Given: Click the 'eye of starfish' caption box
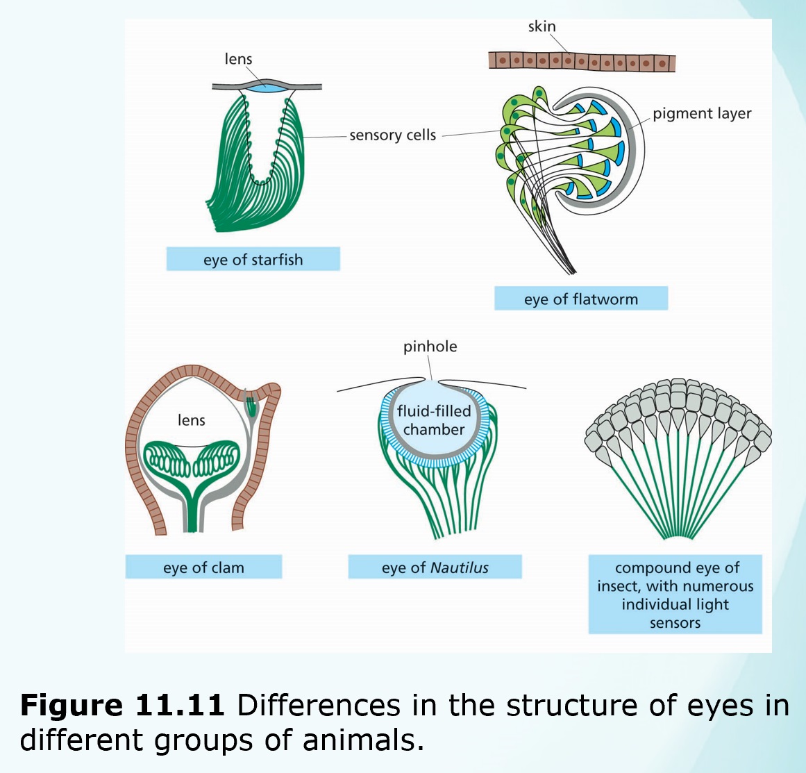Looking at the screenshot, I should click(253, 260).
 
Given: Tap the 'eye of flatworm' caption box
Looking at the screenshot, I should click(580, 299).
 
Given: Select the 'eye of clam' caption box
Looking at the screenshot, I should click(203, 567).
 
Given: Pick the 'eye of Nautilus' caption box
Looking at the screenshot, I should click(435, 567).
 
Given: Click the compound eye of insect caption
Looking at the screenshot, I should click(675, 595).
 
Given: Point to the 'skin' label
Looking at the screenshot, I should click(541, 26).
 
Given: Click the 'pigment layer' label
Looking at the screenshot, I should click(701, 113).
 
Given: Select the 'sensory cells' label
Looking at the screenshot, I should click(392, 135).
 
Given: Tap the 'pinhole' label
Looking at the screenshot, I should click(430, 346).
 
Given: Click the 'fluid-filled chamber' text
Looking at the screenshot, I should click(434, 420).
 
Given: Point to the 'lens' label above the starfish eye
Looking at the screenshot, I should click(238, 59).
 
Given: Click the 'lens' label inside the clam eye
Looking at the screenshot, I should click(192, 419).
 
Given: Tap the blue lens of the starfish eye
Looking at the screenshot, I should click(267, 88).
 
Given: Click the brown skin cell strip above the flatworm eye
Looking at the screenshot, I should click(582, 61).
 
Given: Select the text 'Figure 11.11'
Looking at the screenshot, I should click(122, 705).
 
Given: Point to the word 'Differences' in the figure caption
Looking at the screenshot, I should click(319, 705).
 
